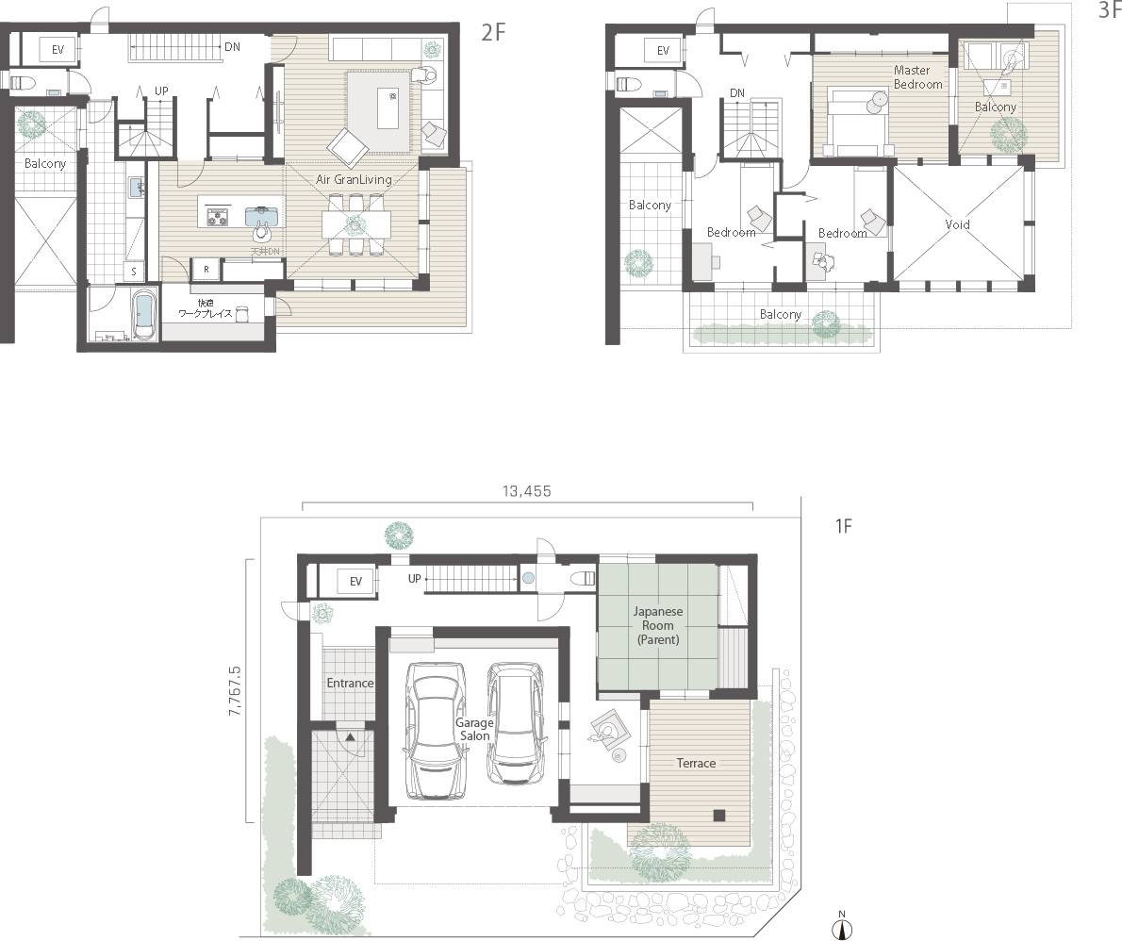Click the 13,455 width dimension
526,491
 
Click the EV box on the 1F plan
355,582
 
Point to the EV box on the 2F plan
58,49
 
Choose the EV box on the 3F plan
662,50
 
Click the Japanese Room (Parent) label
658,625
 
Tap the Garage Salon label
474,729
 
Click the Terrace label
695,763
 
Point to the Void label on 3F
957,225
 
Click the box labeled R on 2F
206,270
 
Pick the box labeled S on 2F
134,272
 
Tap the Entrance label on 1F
350,683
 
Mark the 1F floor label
843,527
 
